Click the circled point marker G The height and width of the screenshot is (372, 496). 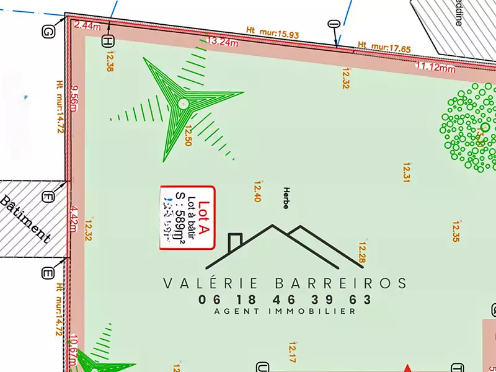[x=48, y=32]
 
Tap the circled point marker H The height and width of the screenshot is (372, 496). [x=108, y=42]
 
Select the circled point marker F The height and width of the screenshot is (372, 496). [x=48, y=198]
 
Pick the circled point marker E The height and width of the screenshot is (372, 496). [x=48, y=273]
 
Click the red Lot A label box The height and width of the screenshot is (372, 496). [x=187, y=218]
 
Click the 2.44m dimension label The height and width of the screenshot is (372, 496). [x=87, y=26]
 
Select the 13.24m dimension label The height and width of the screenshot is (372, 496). [x=223, y=42]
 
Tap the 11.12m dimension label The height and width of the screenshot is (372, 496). [x=435, y=67]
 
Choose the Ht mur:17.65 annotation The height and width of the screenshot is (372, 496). [x=384, y=46]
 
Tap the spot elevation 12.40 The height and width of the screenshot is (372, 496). [x=257, y=192]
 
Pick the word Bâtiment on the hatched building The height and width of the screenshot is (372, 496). [x=25, y=219]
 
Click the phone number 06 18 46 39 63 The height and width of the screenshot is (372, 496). [x=285, y=299]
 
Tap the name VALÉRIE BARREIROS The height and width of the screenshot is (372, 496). [x=285, y=283]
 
